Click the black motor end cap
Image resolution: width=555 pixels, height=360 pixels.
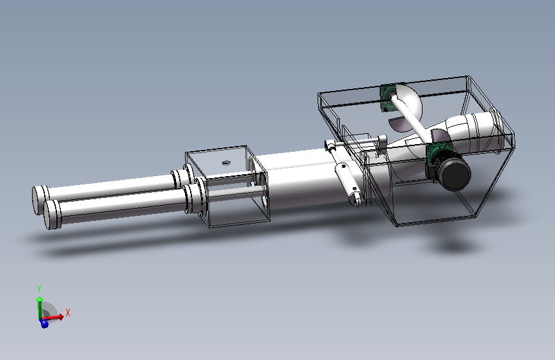click(x=456, y=174)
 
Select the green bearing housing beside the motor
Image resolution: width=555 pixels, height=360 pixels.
click(x=439, y=152)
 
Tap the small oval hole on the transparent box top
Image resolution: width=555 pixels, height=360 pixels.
click(x=226, y=163)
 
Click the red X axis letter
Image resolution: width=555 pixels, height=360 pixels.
click(x=68, y=313)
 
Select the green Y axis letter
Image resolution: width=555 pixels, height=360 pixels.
click(x=39, y=288)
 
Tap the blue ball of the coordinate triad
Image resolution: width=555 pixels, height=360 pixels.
click(x=44, y=323)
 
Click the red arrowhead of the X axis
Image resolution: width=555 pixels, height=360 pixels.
click(x=60, y=316)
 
